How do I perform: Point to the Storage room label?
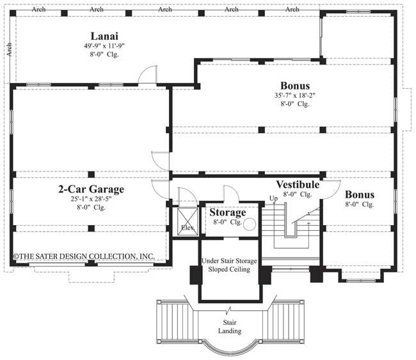point(228,212)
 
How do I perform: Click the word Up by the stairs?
point(273,198)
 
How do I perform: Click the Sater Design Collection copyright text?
point(84,256)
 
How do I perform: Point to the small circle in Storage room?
point(250,224)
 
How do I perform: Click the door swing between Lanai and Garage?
point(148,74)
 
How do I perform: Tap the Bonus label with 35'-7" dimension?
point(295,85)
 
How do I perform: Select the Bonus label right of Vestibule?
point(360,194)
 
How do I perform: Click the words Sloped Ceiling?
point(229,269)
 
